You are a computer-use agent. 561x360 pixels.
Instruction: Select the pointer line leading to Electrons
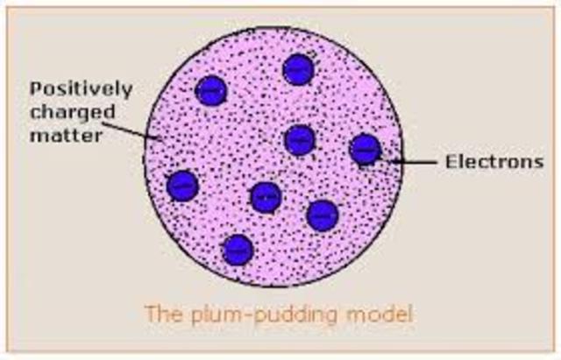click(412, 161)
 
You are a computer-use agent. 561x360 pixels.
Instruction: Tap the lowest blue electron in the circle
click(237, 251)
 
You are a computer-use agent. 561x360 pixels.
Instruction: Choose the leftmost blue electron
click(182, 185)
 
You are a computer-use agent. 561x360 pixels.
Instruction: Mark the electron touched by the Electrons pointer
click(365, 150)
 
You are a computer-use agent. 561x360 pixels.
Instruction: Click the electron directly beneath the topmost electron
click(300, 138)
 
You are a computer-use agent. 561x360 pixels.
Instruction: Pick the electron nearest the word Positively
click(210, 89)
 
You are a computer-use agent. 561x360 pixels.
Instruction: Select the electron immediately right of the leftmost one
click(265, 196)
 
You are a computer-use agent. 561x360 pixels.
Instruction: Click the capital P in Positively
click(36, 89)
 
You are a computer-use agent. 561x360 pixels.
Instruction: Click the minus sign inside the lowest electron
click(237, 251)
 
